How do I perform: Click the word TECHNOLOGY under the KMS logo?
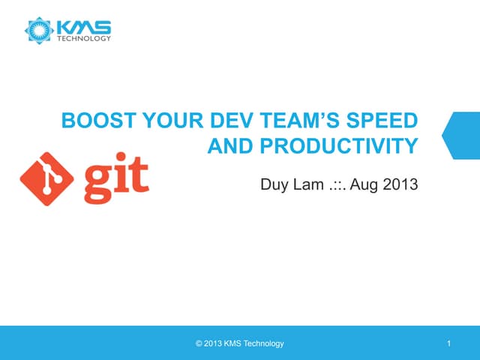tap(85, 38)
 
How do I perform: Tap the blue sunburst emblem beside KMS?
tap(38, 30)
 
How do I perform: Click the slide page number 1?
tap(448, 343)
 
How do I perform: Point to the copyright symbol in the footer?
tap(198, 343)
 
